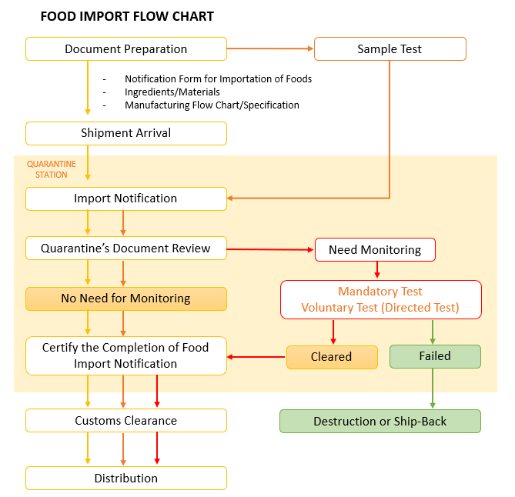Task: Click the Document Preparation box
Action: (126, 49)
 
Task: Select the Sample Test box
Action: (390, 49)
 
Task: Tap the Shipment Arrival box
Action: (126, 133)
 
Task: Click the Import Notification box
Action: (126, 198)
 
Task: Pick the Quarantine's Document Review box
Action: (126, 248)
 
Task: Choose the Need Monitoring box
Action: (375, 250)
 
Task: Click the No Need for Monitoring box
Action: (126, 299)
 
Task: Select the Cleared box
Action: (332, 357)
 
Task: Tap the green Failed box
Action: (435, 356)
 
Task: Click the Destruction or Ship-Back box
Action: (380, 421)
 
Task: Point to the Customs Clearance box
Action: (126, 421)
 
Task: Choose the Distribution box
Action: (126, 479)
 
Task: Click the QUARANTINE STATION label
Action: (52, 169)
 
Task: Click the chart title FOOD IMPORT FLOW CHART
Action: (127, 16)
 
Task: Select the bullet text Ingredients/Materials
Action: (172, 92)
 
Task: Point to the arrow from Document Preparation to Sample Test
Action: (270, 48)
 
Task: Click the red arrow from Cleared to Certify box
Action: (256, 357)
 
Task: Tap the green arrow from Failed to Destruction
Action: (433, 389)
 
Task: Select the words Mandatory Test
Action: (380, 292)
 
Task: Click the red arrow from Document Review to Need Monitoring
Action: (270, 249)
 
